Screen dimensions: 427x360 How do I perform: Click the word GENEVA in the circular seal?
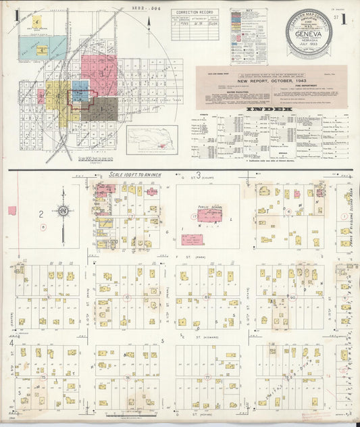(313, 39)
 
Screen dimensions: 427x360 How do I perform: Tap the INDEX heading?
(271, 109)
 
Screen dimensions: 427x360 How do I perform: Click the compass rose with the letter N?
(63, 211)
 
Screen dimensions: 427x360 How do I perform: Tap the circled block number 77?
(208, 378)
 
